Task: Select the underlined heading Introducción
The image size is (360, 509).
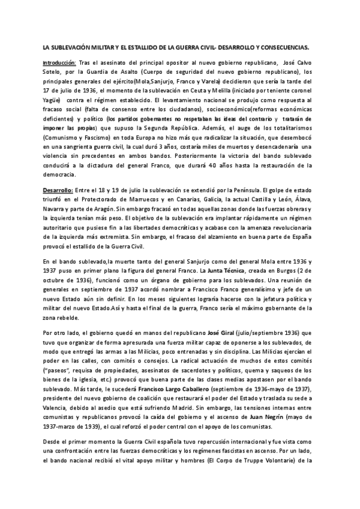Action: pyautogui.click(x=59, y=62)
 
